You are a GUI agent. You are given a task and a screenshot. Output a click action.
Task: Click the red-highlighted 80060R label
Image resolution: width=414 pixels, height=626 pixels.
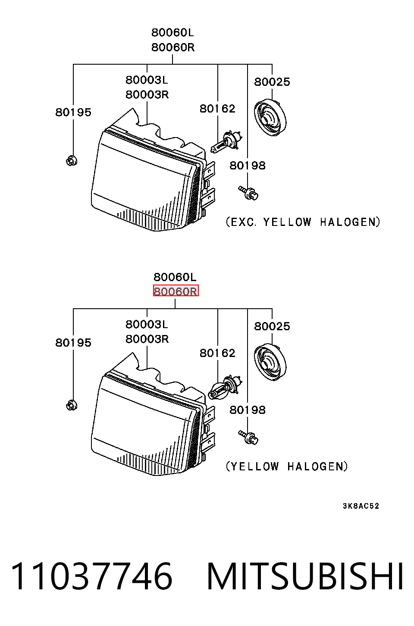point(176,291)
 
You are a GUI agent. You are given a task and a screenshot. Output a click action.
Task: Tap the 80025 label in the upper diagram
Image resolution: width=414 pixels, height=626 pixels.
point(272,82)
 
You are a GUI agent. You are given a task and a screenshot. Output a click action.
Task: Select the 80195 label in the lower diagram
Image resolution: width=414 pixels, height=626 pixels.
point(73,343)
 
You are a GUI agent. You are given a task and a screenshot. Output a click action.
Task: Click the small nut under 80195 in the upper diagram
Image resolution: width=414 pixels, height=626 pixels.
point(72,161)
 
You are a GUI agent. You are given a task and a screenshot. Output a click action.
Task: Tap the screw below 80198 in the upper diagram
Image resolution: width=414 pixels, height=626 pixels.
point(248,193)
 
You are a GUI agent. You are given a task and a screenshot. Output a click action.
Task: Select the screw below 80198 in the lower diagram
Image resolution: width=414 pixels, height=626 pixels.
point(248,437)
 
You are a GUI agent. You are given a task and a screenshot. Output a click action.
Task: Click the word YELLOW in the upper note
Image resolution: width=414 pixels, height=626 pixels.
point(287,222)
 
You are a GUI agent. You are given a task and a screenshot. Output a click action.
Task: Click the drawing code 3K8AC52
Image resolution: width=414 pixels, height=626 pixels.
point(361,506)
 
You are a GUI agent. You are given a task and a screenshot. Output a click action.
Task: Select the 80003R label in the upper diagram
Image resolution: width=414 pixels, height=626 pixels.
point(147,95)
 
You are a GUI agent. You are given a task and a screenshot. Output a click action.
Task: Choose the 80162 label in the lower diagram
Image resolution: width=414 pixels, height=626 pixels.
point(217,353)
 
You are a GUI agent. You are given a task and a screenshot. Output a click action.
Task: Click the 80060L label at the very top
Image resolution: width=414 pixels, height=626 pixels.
point(172,33)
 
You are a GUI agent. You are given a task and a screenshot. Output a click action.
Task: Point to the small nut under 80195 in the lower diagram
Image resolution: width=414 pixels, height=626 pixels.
point(72,405)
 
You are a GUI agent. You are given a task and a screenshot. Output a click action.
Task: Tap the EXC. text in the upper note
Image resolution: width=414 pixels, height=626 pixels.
point(243,222)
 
